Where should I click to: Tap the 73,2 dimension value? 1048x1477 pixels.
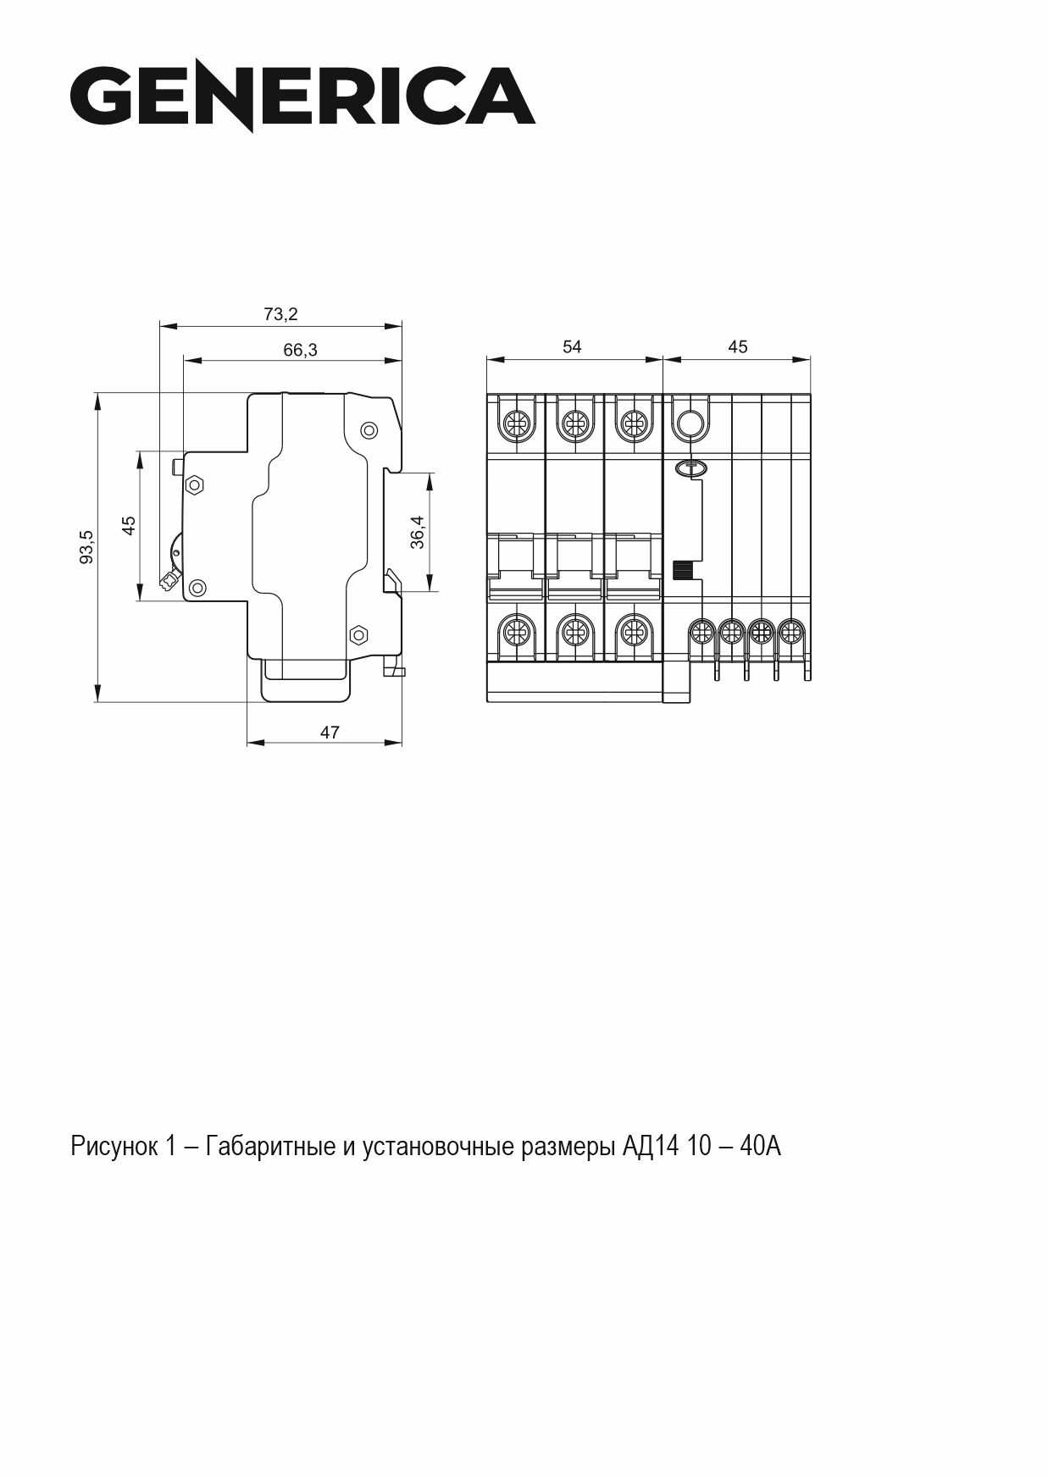(x=280, y=314)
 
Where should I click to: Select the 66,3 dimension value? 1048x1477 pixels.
(x=300, y=350)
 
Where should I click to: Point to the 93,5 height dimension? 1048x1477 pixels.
(x=86, y=546)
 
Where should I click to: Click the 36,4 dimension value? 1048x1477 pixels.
(x=418, y=533)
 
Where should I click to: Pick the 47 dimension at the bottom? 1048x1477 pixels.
(x=330, y=733)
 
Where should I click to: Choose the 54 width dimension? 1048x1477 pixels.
(x=573, y=346)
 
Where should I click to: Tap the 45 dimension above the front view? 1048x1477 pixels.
(x=737, y=346)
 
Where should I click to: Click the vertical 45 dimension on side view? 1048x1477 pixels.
(x=129, y=525)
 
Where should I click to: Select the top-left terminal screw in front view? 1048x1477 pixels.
(x=515, y=422)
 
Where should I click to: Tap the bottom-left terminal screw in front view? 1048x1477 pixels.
(x=515, y=632)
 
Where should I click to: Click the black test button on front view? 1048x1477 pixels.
(x=683, y=570)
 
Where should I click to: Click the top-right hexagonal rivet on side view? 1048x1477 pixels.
(x=369, y=430)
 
